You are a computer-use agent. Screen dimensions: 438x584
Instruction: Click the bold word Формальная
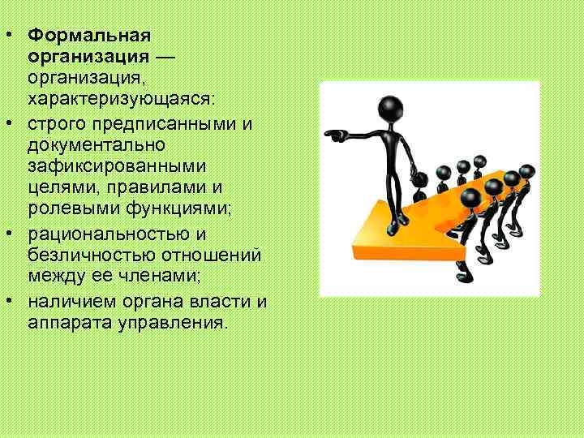pos(89,36)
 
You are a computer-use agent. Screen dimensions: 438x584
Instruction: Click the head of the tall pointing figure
pos(391,109)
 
